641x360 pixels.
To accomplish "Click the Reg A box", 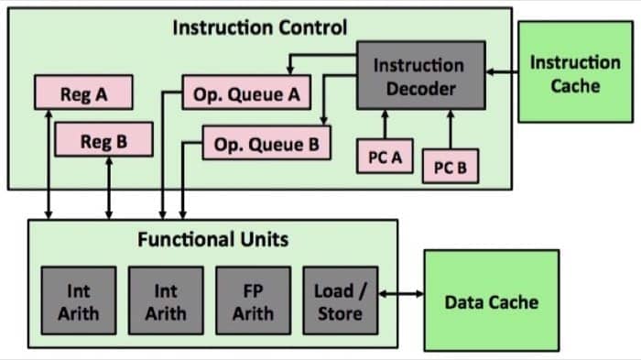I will click(x=83, y=93).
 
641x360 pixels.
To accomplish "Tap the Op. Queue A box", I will click(x=246, y=93).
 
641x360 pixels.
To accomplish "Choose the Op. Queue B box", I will click(x=266, y=144).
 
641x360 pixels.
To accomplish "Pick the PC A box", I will click(x=385, y=157).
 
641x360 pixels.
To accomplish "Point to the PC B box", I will click(x=450, y=168).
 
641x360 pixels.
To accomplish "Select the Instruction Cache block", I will click(x=574, y=73).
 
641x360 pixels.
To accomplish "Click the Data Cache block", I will click(x=491, y=300).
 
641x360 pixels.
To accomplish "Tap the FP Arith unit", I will click(x=253, y=301).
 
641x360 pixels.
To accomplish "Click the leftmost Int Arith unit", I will click(x=78, y=301).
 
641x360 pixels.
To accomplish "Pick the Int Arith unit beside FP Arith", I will click(x=165, y=301).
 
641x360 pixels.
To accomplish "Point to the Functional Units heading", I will click(x=212, y=240).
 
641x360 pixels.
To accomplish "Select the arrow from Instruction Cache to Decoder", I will click(x=501, y=71).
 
